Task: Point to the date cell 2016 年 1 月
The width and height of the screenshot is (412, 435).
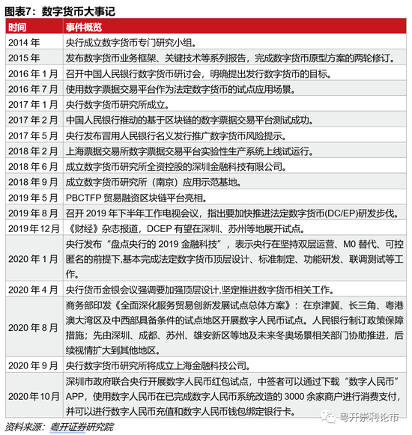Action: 31,73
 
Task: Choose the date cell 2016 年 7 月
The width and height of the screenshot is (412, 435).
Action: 31,89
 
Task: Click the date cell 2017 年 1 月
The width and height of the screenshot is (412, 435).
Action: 31,105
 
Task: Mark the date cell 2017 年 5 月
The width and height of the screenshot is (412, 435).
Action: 31,136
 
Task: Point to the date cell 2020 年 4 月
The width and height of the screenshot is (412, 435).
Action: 31,288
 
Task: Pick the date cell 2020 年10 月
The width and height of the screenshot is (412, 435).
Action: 31,395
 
